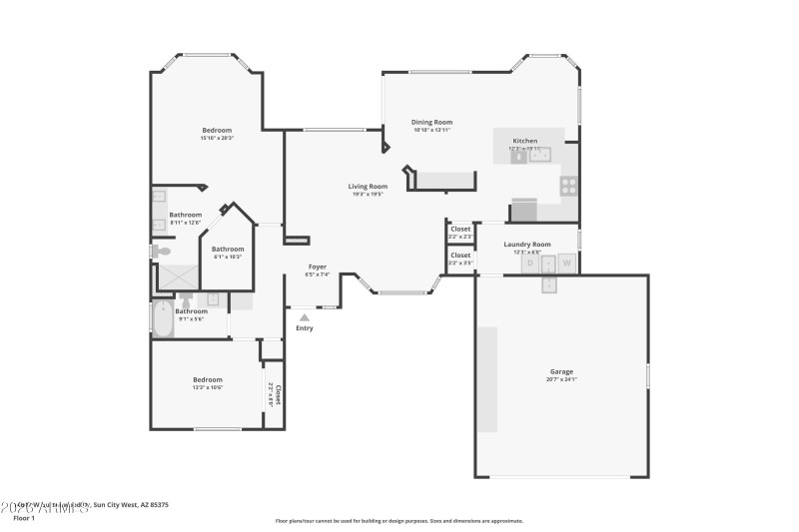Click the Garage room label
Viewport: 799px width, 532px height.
tap(560, 371)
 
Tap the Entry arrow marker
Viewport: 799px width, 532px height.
tap(305, 317)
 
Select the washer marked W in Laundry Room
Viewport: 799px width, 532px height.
tap(566, 264)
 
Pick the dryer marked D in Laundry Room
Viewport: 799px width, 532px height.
tap(530, 264)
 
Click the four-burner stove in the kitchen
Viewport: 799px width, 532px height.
tap(568, 185)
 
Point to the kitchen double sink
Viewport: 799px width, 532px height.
tap(539, 155)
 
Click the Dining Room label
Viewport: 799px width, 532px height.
tap(431, 122)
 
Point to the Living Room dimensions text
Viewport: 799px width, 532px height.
tap(368, 195)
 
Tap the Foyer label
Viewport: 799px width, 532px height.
tap(317, 266)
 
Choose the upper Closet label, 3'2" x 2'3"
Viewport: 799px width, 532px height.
tap(459, 229)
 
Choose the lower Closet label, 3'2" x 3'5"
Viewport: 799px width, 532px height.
tap(459, 255)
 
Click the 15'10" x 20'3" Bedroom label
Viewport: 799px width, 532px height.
tap(217, 131)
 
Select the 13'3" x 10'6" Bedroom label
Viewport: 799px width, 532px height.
tap(208, 379)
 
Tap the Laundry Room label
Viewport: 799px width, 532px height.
tap(526, 245)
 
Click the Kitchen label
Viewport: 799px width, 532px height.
tap(525, 141)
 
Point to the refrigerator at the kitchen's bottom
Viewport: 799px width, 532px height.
tap(523, 211)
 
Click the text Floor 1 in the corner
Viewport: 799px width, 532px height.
tap(24, 518)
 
